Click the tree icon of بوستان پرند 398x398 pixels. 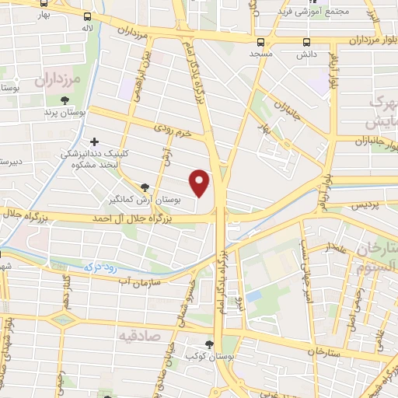point(65,100)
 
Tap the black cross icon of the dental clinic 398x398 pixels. point(95,142)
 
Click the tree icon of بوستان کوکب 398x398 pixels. point(208,343)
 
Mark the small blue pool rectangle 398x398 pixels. point(254,296)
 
